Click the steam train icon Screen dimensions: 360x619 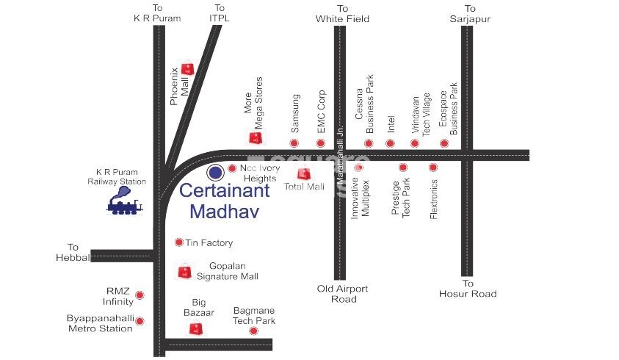click(x=124, y=201)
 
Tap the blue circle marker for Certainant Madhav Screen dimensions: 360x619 click(x=215, y=173)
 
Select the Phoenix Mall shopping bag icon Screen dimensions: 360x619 click(x=187, y=69)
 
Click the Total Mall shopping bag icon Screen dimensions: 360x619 click(x=303, y=174)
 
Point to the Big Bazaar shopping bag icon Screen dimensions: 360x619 click(x=195, y=328)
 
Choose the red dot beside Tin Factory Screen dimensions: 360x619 click(x=178, y=242)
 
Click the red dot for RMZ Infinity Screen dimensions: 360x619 click(x=140, y=295)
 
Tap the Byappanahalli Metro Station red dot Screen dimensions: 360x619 click(x=140, y=321)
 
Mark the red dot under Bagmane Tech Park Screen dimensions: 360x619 click(x=253, y=331)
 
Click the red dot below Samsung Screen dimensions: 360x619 click(x=294, y=143)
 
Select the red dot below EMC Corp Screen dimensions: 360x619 click(x=320, y=143)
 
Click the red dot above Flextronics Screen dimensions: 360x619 click(x=433, y=168)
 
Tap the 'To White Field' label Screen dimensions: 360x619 click(x=342, y=13)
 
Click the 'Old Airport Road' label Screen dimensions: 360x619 click(x=342, y=294)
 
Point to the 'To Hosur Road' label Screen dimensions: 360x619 click(x=468, y=289)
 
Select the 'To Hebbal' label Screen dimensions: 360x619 click(x=72, y=252)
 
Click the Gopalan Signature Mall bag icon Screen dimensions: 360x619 click(x=184, y=272)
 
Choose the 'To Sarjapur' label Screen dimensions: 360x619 click(x=469, y=13)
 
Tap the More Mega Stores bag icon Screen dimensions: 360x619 click(x=255, y=137)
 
